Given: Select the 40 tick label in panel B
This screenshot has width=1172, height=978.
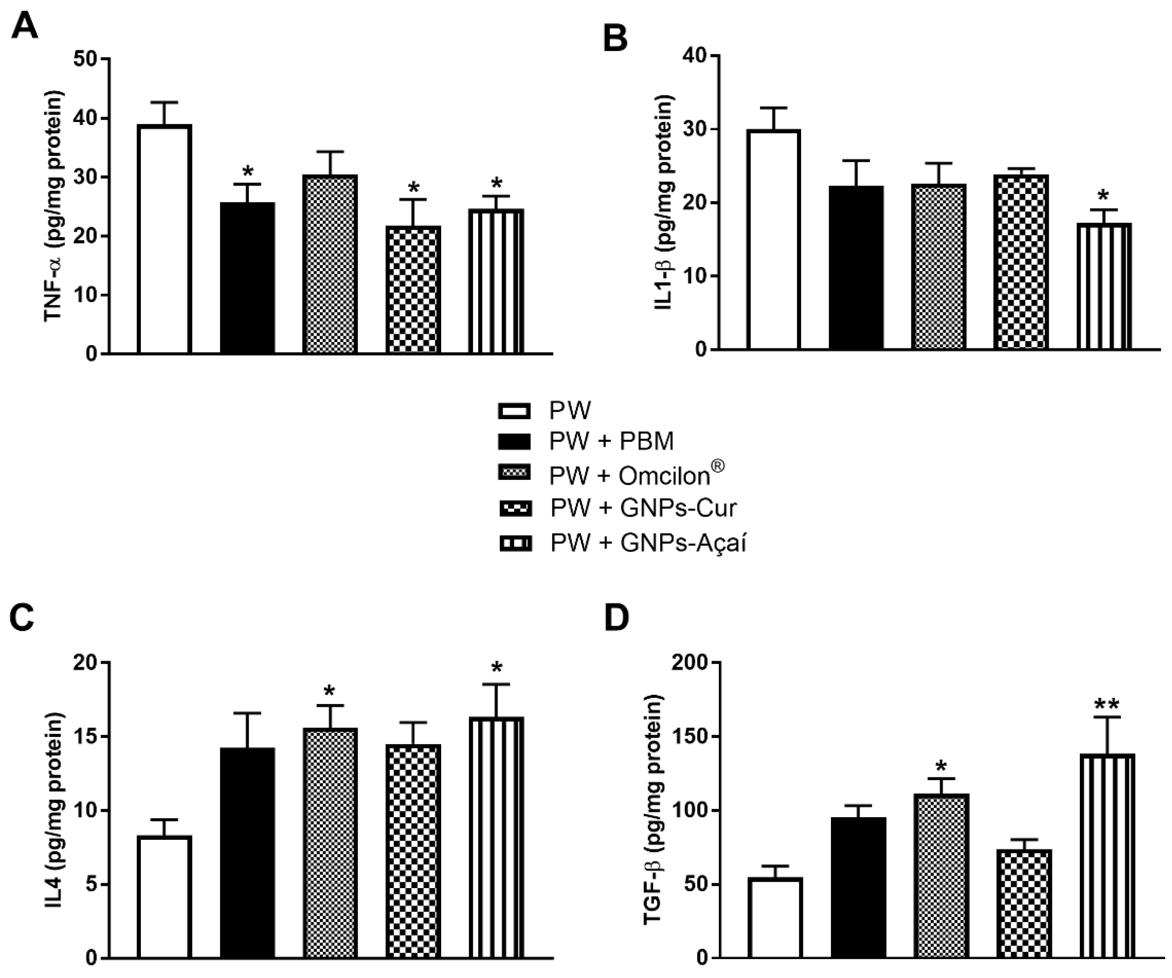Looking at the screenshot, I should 695,56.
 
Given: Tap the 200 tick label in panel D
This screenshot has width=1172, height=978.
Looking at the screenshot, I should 689,663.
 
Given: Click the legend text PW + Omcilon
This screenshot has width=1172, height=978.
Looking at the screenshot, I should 636,475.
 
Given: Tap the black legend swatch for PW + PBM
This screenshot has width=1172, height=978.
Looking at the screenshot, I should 514,441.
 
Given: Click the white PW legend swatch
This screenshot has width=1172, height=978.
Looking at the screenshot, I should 514,412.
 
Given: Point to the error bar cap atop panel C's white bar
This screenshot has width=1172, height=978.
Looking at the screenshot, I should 165,819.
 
